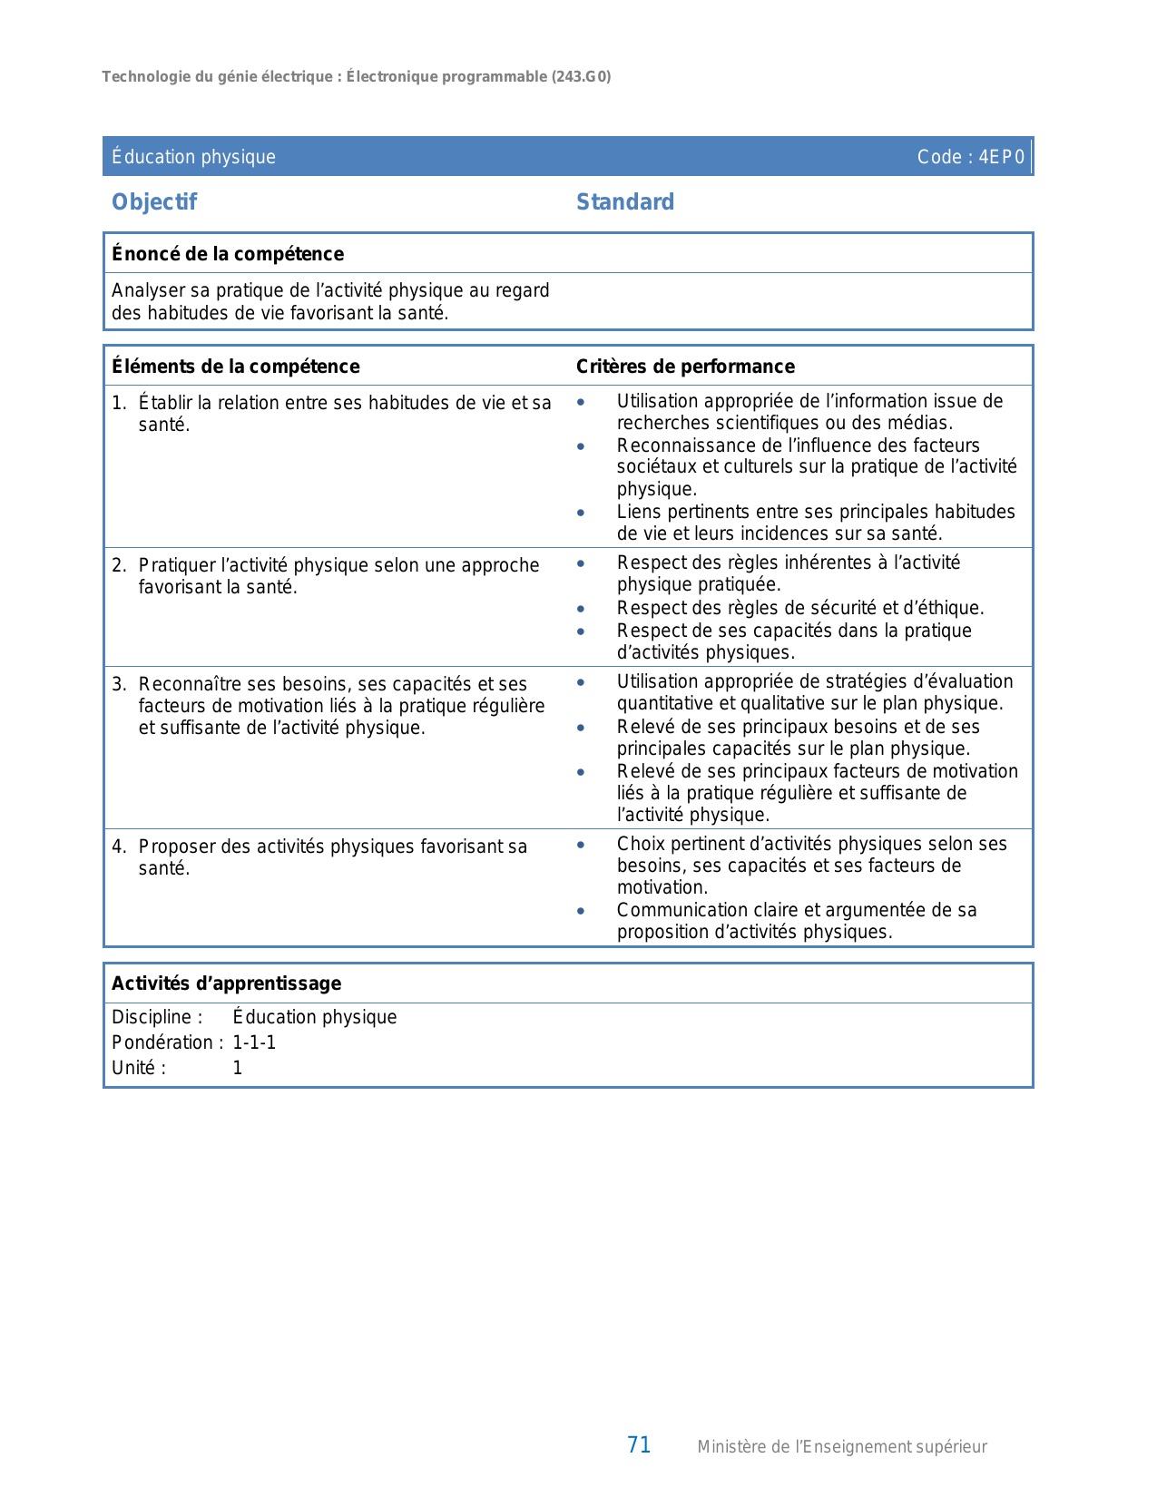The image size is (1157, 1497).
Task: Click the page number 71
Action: point(639,1445)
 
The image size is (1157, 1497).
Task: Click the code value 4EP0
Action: point(1002,157)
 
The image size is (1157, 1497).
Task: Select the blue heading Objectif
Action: point(153,202)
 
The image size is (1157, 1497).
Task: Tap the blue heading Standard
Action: point(625,202)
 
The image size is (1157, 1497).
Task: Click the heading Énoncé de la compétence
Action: point(228,254)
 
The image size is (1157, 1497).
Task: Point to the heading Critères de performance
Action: point(685,367)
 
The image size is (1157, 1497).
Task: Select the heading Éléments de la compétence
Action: point(235,367)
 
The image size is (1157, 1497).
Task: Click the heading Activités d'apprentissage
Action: point(226,983)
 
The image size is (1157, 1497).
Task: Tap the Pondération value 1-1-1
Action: point(254,1042)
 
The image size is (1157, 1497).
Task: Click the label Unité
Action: point(138,1068)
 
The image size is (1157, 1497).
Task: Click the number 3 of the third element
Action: point(118,684)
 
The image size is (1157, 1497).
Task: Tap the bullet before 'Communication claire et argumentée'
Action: point(581,911)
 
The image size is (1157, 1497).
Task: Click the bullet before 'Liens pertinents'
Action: point(581,513)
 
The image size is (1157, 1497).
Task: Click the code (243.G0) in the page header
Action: point(581,77)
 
